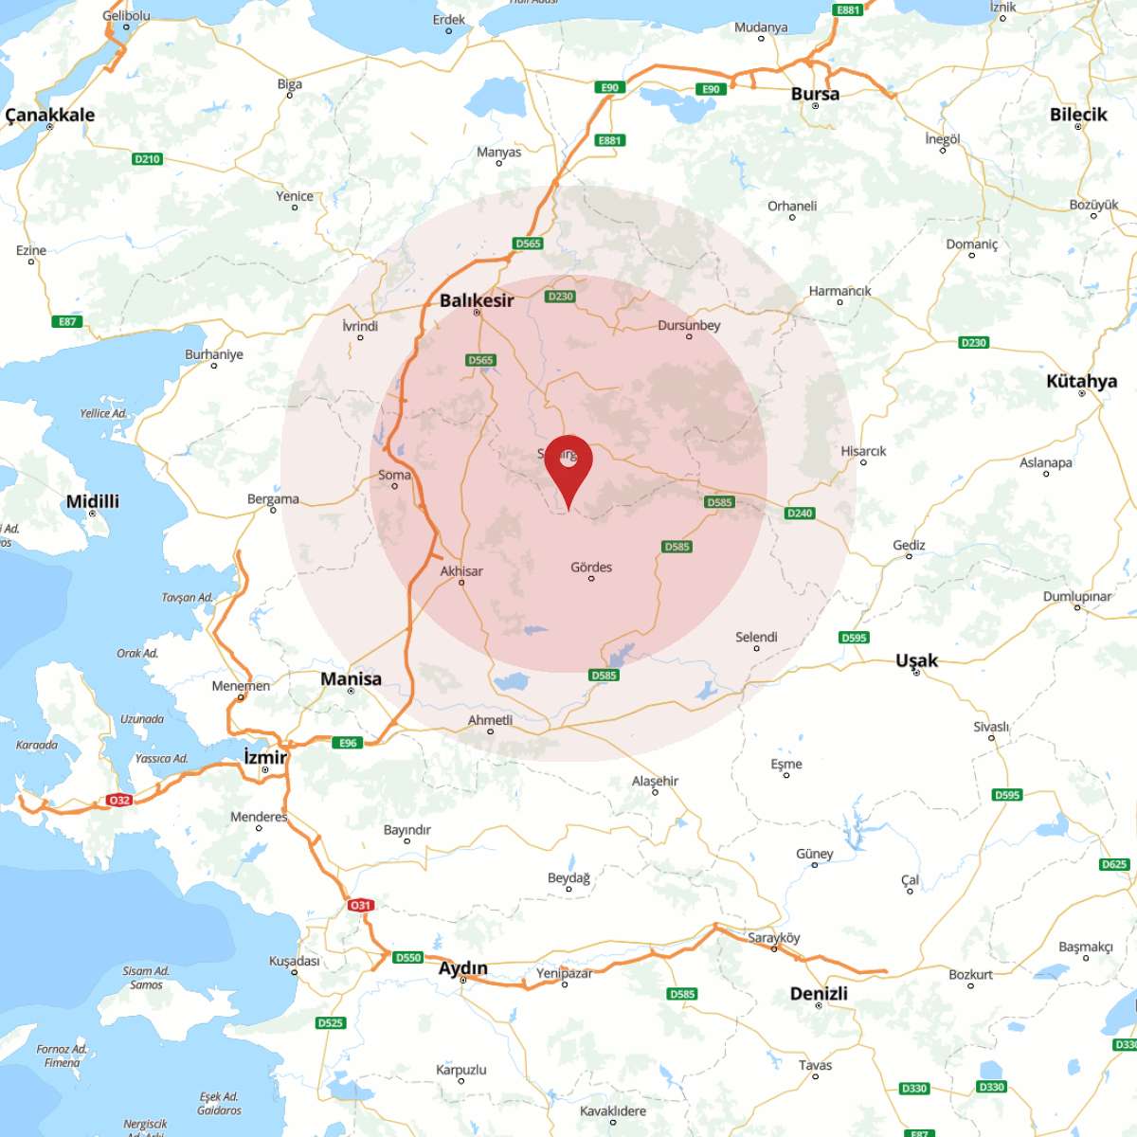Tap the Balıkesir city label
[x=477, y=300]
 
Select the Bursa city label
[x=815, y=94]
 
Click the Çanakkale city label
[x=50, y=115]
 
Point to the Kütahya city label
[x=1081, y=381]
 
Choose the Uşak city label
[x=916, y=659]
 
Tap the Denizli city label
[x=819, y=993]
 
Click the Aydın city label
[x=462, y=967]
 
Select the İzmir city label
[x=265, y=756]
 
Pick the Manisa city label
[x=351, y=678]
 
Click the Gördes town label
[x=591, y=567]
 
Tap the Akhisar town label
[x=461, y=570]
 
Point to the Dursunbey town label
[x=689, y=325]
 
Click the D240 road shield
[x=800, y=513]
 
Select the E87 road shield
[x=67, y=321]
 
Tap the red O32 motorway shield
[x=118, y=801]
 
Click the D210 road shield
[x=147, y=158]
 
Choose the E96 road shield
[x=348, y=743]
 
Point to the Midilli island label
[x=93, y=501]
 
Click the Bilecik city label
[x=1078, y=114]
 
